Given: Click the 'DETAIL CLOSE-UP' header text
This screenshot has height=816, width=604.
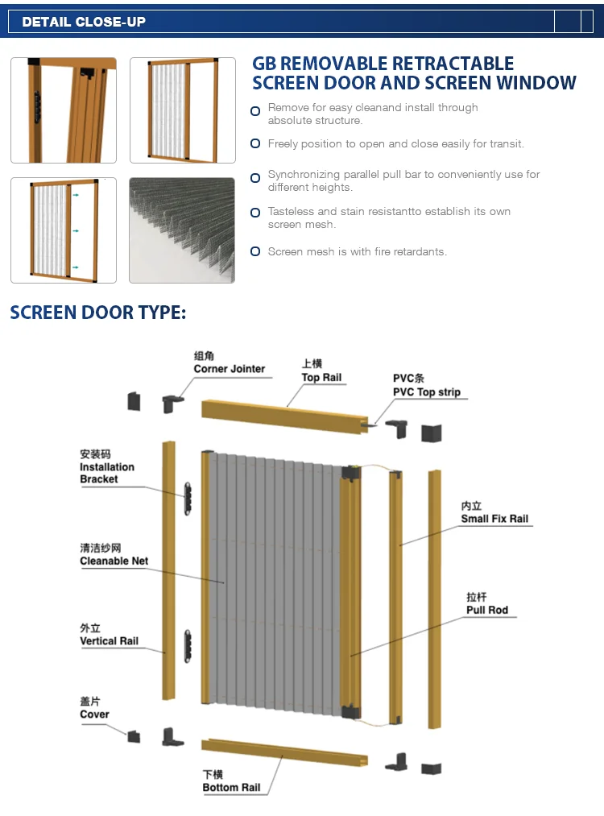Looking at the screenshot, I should tap(84, 22).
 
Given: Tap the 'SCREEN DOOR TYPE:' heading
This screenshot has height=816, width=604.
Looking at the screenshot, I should tap(97, 313).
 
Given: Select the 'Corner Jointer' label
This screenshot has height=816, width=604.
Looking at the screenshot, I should tap(229, 369).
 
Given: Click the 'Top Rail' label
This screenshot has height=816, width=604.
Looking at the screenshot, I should tap(321, 377).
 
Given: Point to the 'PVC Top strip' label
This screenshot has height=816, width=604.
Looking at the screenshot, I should tap(426, 392).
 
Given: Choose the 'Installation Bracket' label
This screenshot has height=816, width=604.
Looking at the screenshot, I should tap(106, 473).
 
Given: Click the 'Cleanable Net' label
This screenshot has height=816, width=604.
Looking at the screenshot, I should tap(114, 561).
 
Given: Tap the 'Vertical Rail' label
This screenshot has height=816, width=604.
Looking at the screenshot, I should tap(109, 641).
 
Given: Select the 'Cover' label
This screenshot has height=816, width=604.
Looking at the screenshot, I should tap(94, 715).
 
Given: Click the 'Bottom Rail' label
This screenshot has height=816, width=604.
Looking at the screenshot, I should tap(231, 787).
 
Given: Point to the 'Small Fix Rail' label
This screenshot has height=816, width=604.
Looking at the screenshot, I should tap(494, 519).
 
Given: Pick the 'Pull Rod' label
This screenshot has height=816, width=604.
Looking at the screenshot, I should tap(486, 610).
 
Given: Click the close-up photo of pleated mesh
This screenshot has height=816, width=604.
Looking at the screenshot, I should tap(182, 230).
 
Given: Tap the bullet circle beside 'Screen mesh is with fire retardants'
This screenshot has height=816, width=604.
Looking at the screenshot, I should tap(255, 252).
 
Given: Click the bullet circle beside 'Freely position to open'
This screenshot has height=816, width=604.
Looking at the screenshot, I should tap(255, 144).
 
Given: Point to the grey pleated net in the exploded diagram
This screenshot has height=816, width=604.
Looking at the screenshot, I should tap(274, 580).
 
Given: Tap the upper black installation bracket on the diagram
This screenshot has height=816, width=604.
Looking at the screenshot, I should tap(188, 498).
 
